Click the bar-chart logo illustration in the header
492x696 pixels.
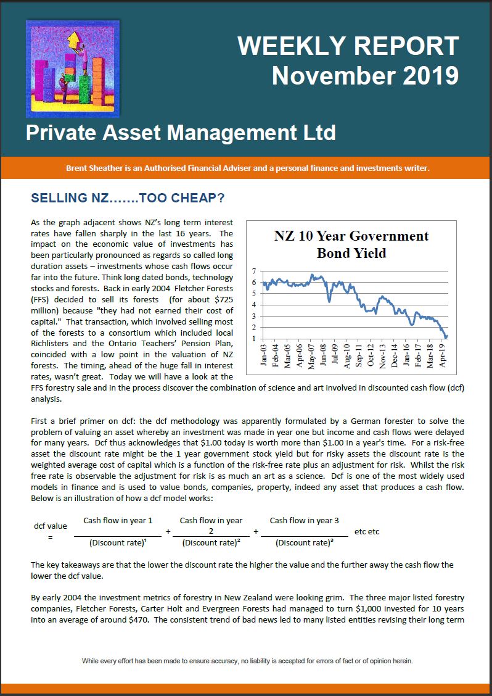(73, 68)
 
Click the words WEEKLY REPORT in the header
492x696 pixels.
(348, 46)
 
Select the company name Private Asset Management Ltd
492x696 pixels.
(181, 133)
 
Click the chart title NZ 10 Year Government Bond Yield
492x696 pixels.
(351, 244)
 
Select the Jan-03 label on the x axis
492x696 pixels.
(264, 356)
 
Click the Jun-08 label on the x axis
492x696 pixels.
(323, 356)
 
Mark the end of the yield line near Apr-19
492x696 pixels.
(446, 336)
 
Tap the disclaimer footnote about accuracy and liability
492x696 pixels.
(247, 661)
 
